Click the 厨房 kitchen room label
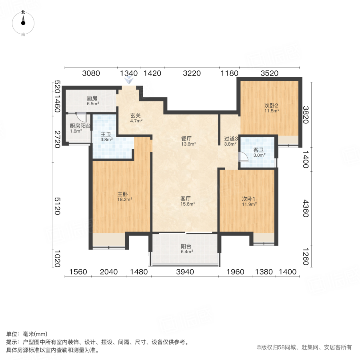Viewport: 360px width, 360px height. [x=92, y=100]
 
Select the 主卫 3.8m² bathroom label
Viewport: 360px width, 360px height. [x=106, y=137]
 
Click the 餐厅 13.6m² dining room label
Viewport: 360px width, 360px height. [x=188, y=141]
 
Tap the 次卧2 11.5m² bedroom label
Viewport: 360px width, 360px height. [x=271, y=108]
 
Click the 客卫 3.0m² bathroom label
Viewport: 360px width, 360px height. [x=258, y=152]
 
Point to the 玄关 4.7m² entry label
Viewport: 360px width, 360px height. [x=135, y=118]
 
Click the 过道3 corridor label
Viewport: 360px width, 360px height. [x=231, y=141]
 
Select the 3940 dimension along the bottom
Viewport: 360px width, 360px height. [x=185, y=272]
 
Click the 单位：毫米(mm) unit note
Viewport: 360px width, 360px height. [x=26, y=334]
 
